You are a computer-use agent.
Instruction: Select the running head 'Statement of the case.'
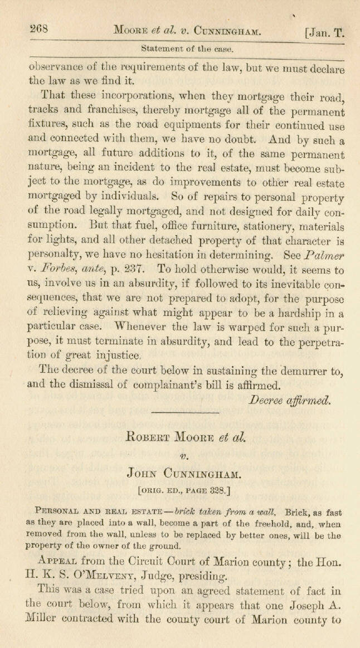tap(187, 49)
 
